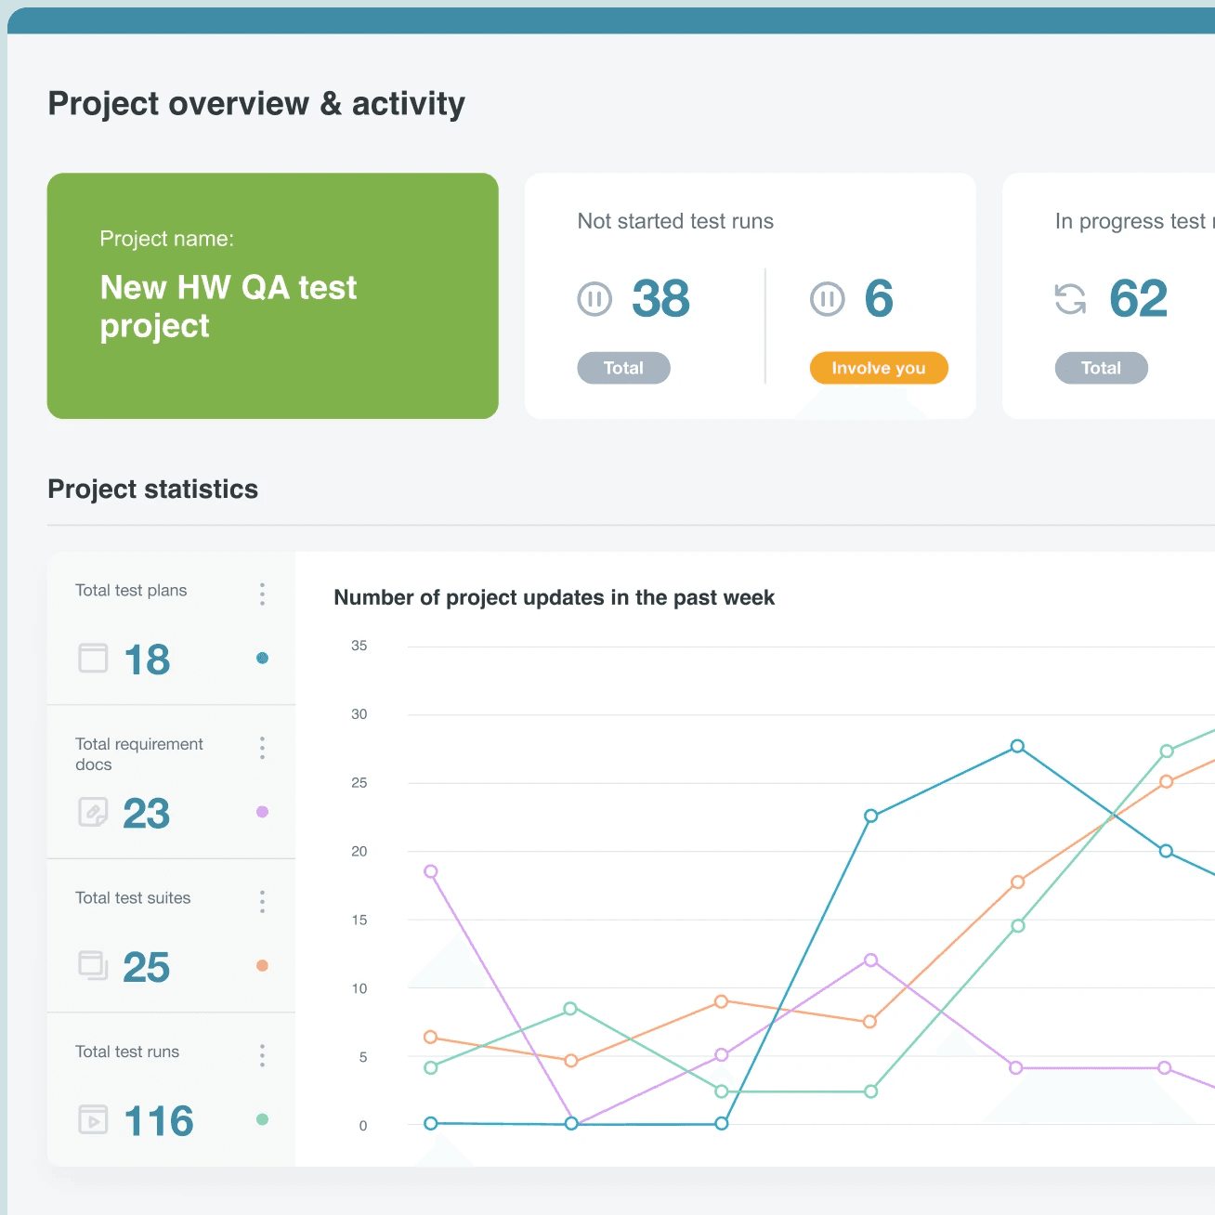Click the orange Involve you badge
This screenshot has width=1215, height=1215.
pos(879,368)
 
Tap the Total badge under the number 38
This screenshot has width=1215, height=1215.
pos(623,368)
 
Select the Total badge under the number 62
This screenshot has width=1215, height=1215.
pos(1101,368)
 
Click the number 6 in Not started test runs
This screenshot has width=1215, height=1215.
pos(879,299)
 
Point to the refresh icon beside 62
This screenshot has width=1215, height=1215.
pos(1070,299)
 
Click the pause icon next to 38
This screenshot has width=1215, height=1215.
pos(594,299)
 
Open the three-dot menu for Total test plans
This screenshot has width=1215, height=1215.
pos(262,594)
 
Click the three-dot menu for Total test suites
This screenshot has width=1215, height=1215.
pos(262,902)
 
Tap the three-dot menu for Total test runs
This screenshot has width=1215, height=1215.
pos(262,1055)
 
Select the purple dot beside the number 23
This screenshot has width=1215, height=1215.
pos(262,812)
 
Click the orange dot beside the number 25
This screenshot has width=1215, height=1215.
pos(262,966)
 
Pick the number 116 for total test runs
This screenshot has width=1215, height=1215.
pos(159,1121)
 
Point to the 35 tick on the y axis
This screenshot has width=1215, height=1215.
pos(359,646)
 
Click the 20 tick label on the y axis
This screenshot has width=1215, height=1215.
pos(359,852)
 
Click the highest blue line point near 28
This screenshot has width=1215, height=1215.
pos(1017,746)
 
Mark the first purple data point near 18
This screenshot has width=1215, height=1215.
pos(431,871)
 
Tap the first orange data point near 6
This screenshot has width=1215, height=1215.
pos(431,1037)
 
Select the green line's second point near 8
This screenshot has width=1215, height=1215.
pos(570,1009)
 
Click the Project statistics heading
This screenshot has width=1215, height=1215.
pos(153,490)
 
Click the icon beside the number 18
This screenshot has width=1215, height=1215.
pos(93,659)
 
